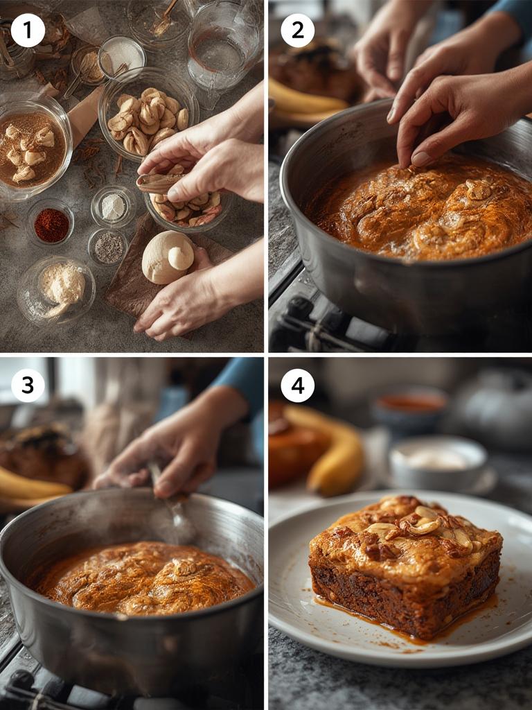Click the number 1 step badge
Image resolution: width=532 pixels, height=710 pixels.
28,31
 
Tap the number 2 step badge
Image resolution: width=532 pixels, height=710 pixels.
297,31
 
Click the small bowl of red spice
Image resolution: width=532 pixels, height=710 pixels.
51,225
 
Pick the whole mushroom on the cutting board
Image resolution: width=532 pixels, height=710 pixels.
168,257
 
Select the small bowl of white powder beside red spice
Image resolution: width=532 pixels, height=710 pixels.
114,207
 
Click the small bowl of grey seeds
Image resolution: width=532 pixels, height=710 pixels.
108,247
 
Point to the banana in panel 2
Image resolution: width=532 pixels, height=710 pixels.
305,101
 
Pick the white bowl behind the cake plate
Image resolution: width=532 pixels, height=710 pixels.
438,461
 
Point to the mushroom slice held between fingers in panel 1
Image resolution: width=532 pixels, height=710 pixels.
159,182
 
